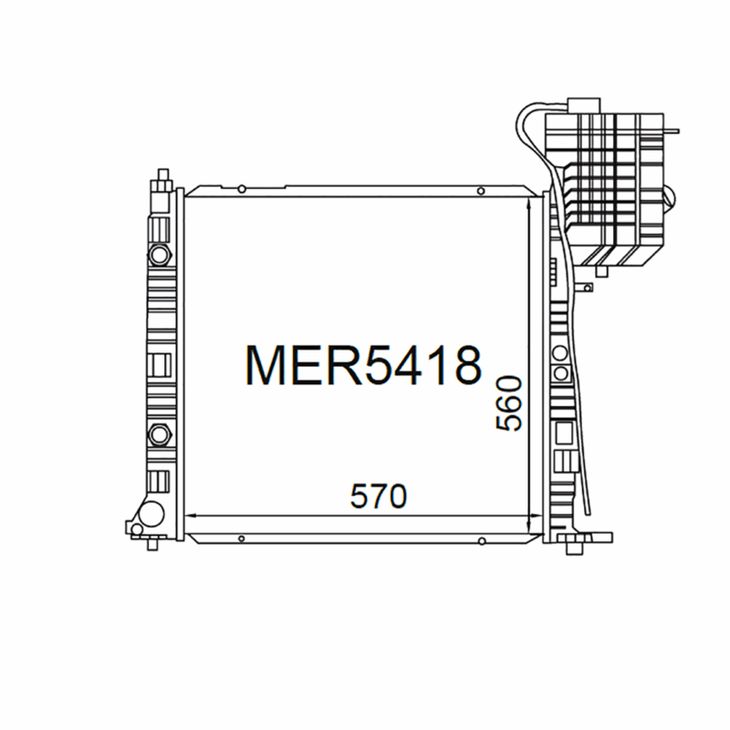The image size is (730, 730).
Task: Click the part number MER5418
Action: (x=362, y=364)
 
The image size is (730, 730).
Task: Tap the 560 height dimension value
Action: (x=508, y=403)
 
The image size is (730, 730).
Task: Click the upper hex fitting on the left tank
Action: (x=159, y=252)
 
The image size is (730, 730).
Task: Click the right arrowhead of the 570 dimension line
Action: (x=535, y=517)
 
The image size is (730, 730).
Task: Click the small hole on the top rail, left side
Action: (x=240, y=190)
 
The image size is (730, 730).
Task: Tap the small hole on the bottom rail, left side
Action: (x=240, y=537)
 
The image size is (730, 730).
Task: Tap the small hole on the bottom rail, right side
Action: (x=481, y=537)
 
